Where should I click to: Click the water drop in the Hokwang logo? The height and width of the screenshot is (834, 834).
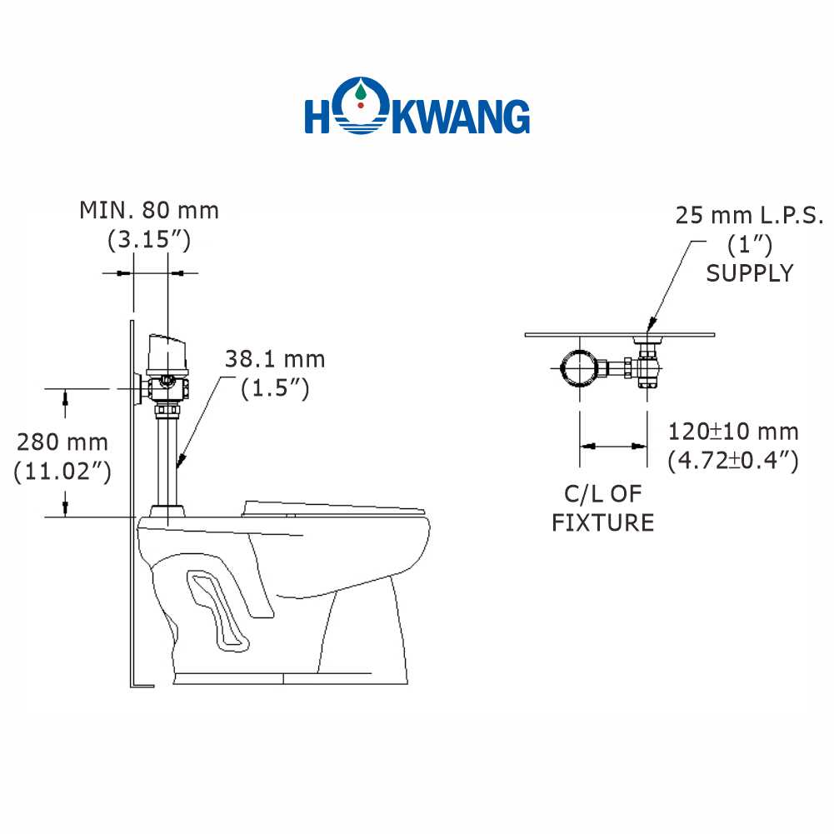coord(361,92)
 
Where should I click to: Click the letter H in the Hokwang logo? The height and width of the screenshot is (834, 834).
coord(318,116)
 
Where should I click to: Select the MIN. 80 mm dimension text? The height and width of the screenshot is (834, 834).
coord(149,211)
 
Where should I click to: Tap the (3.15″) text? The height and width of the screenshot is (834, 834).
coord(149,239)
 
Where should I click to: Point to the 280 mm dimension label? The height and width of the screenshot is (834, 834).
coord(62,442)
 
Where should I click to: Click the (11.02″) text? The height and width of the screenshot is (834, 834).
coord(62,472)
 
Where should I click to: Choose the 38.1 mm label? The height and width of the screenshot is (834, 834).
coord(275,360)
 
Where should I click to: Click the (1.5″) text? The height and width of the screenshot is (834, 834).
coord(275,388)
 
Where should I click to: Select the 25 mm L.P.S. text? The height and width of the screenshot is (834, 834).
coord(749,216)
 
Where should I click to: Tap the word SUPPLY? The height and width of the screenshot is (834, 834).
coord(749,273)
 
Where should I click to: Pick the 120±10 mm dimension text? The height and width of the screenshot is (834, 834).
coord(733,432)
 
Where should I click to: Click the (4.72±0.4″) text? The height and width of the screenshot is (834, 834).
coord(733,461)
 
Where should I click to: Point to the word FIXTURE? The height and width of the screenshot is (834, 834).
coord(602,523)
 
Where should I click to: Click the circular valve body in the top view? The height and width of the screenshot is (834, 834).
coord(580,367)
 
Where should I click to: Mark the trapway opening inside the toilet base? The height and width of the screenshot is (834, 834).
coord(217,611)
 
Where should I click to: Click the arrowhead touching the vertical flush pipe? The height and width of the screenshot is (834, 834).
coord(182,461)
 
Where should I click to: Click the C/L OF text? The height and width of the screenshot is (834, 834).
coord(602,494)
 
